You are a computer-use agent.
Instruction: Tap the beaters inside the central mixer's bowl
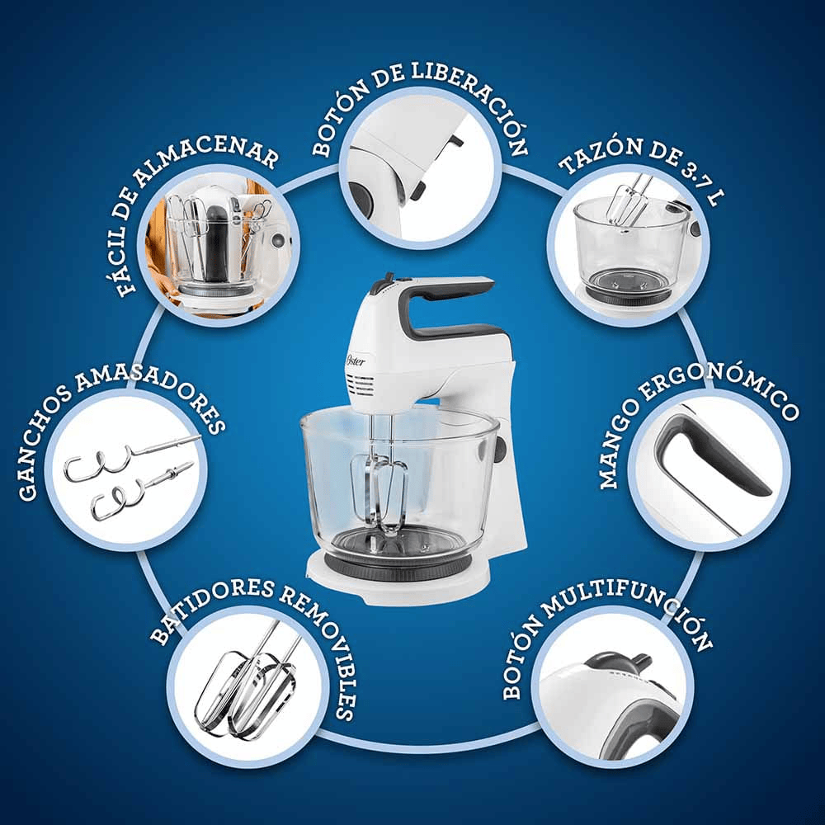click(379, 489)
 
